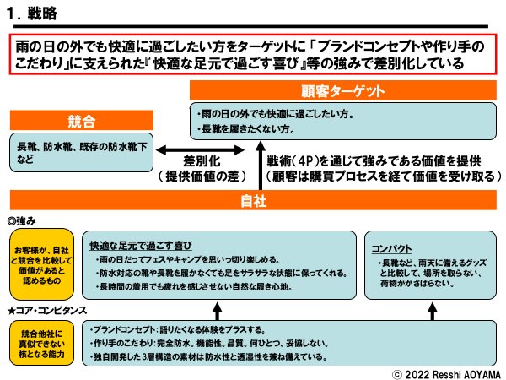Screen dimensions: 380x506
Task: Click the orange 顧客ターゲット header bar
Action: [x=342, y=90]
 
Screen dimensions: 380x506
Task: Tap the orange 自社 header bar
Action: [x=252, y=201]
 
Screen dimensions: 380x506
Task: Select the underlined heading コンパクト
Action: [x=392, y=248]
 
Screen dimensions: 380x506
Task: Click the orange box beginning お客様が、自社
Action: [x=41, y=263]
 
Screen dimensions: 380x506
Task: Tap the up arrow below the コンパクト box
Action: [x=431, y=308]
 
